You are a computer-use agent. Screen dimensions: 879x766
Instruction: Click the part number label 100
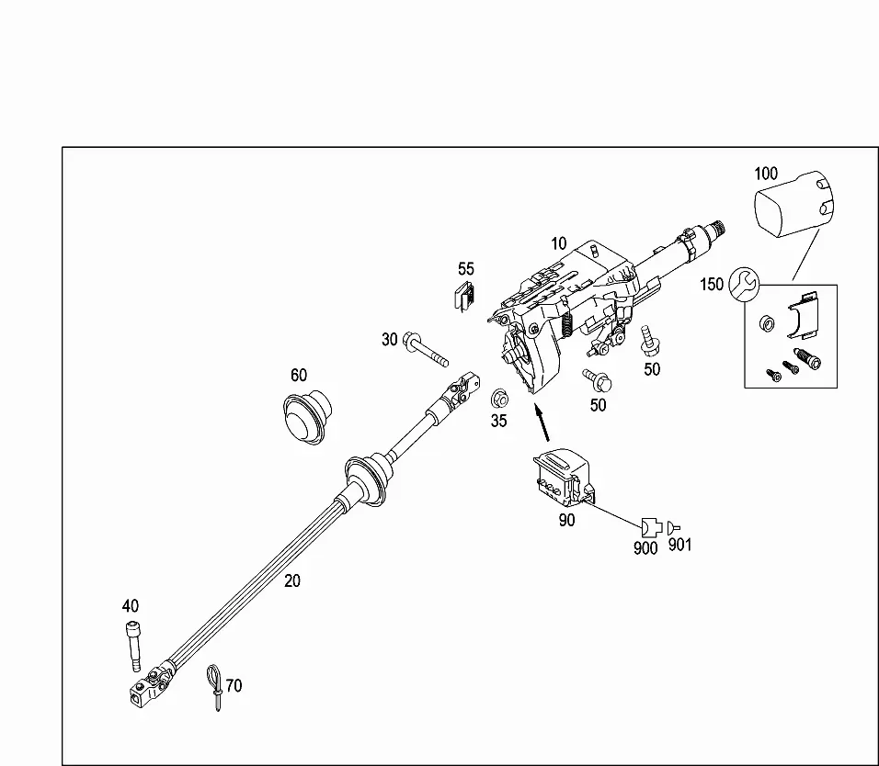click(766, 174)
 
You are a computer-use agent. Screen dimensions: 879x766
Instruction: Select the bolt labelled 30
click(426, 349)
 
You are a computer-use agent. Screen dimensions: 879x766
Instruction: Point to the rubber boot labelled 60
click(306, 417)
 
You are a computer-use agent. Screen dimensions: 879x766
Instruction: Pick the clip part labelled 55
click(463, 297)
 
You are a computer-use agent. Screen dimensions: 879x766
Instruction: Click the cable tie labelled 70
click(216, 686)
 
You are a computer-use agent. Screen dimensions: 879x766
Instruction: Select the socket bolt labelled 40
click(131, 647)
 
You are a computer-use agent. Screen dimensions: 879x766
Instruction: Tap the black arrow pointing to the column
click(542, 423)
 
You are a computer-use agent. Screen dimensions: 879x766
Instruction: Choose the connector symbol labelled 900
click(651, 527)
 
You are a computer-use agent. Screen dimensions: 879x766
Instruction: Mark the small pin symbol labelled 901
click(673, 527)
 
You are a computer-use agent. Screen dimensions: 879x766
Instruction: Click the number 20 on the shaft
click(292, 581)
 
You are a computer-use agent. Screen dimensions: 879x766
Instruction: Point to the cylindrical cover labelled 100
click(793, 205)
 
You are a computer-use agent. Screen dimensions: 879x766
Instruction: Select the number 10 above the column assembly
click(558, 244)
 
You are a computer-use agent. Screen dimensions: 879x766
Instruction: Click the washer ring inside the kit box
click(767, 323)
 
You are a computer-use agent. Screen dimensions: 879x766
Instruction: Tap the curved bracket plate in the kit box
click(802, 316)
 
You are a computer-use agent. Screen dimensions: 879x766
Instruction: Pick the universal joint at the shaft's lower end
click(149, 683)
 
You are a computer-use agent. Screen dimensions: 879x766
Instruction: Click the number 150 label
click(712, 285)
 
